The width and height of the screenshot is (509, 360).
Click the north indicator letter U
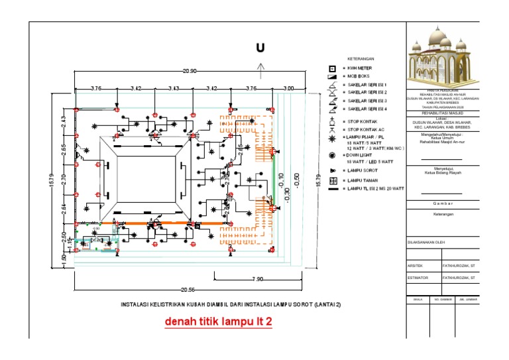tap(260, 48)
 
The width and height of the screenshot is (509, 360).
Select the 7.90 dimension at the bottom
tap(258, 279)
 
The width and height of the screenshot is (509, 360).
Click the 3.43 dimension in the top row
tap(174, 88)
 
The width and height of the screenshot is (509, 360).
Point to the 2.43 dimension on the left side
tap(62, 122)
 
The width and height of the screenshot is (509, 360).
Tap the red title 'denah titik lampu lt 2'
tap(219, 322)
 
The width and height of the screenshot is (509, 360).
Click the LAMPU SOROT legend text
tap(362, 170)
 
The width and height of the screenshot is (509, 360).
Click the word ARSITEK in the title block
tap(416, 265)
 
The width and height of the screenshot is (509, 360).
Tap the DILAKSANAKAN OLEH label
tap(427, 243)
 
